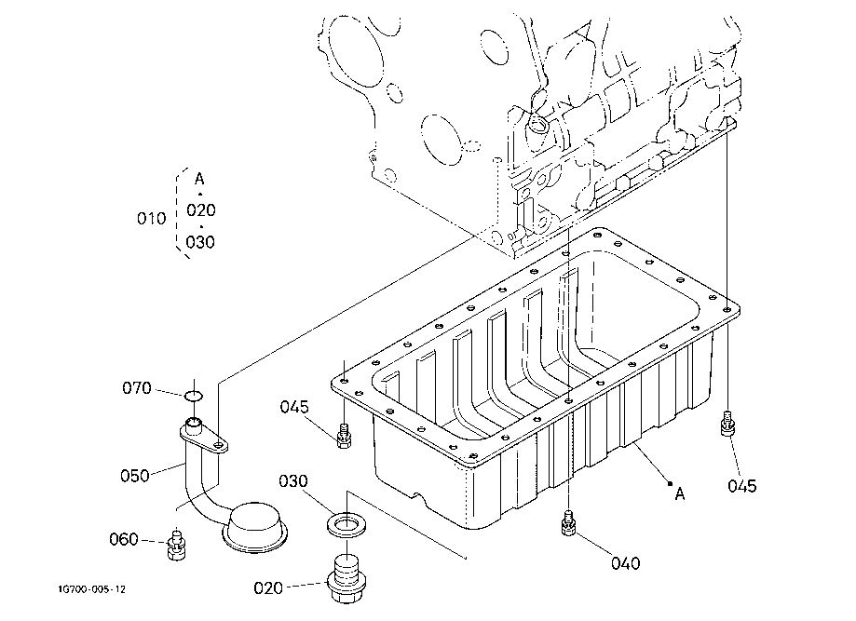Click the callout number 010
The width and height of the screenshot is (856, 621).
click(151, 219)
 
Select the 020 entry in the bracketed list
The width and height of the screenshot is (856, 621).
click(200, 210)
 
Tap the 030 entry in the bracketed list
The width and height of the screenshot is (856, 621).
click(200, 242)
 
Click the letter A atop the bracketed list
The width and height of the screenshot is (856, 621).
click(199, 178)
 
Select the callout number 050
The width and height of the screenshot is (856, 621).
click(135, 475)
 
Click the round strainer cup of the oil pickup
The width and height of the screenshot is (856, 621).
click(254, 524)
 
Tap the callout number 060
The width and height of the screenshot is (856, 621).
click(123, 539)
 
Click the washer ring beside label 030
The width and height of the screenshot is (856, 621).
click(346, 524)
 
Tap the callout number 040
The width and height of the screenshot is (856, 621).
click(626, 562)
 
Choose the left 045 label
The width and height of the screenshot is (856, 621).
click(295, 406)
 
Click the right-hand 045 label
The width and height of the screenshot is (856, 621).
click(742, 485)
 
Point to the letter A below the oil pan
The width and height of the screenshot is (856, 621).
click(680, 494)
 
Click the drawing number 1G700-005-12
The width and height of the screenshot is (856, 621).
click(90, 588)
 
